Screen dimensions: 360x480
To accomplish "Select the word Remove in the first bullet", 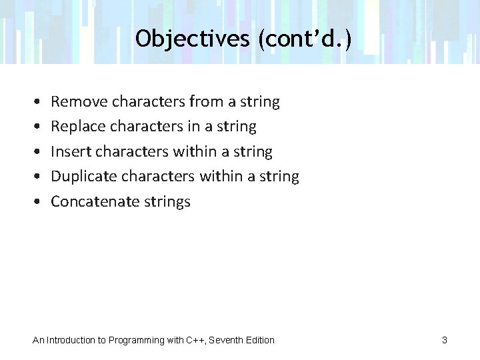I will (x=79, y=102).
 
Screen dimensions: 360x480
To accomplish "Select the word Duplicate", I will (x=83, y=177).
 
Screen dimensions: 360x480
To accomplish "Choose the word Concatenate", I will (x=93, y=202).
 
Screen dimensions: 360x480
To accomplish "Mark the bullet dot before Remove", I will (x=34, y=103).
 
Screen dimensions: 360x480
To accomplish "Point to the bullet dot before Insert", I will (x=34, y=153).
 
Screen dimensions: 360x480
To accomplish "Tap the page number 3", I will (x=444, y=341).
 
